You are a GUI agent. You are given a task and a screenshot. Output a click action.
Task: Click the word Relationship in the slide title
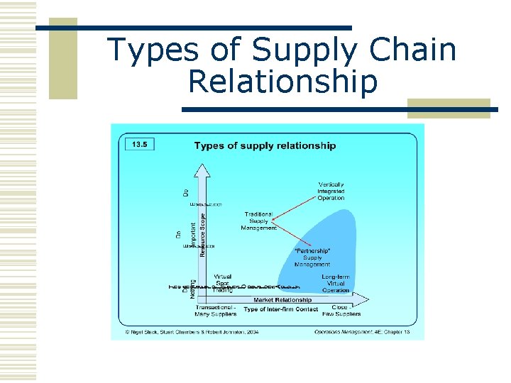[282, 82]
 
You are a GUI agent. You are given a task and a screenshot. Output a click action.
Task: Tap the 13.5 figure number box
[139, 144]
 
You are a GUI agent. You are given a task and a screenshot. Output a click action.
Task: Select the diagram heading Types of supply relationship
[265, 146]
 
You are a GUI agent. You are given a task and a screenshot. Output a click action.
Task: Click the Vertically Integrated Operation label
[331, 191]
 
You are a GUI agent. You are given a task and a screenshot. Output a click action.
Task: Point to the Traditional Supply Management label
[258, 221]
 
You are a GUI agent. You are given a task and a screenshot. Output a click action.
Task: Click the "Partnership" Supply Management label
[312, 257]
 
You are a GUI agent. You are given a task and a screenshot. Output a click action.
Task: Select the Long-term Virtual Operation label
[335, 284]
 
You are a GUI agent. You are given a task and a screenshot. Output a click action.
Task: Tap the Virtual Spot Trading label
[223, 284]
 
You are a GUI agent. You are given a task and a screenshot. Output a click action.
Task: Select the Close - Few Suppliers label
[345, 310]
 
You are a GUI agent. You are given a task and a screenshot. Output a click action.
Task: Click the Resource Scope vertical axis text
[203, 234]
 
